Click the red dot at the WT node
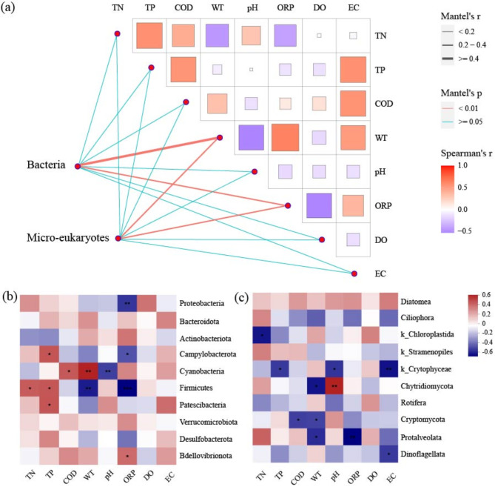pos(220,138)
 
